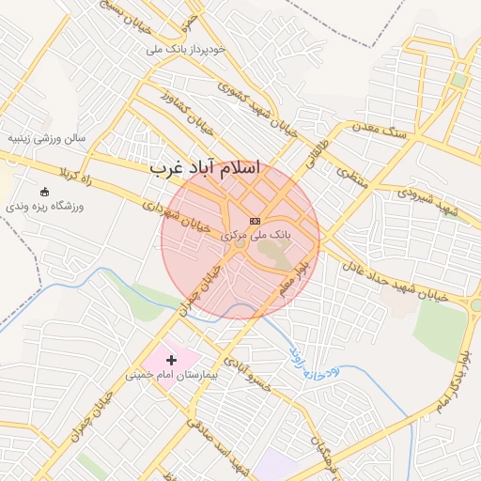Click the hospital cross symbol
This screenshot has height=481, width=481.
[x=171, y=360]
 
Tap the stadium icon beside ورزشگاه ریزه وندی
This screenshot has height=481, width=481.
[x=45, y=192]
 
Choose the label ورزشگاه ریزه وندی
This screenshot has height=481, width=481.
[x=46, y=206]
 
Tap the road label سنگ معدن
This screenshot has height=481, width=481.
[x=380, y=126]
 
